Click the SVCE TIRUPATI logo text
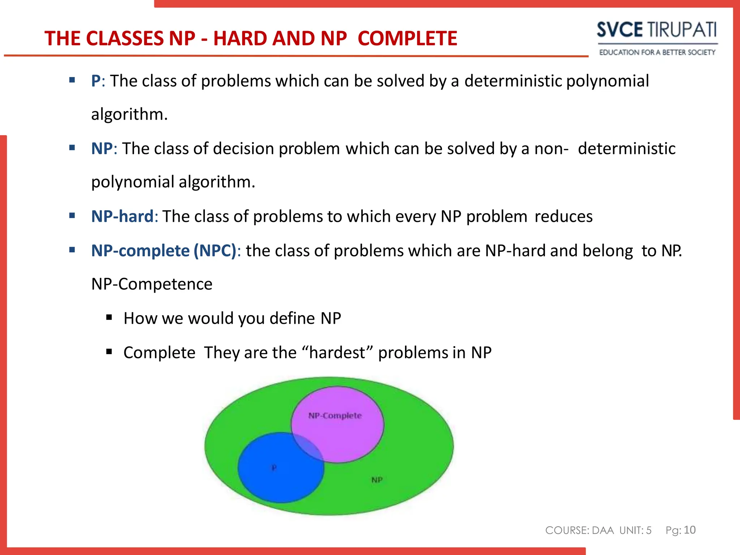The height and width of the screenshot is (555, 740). tap(657, 30)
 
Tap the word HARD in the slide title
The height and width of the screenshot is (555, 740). tap(240, 38)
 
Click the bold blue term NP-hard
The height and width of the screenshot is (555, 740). tap(122, 216)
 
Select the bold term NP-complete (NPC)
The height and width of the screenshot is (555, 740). tap(164, 251)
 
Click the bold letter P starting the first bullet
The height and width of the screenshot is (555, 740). tap(96, 81)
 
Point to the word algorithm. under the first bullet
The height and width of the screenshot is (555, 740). tap(129, 114)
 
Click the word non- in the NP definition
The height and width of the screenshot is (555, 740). tap(551, 149)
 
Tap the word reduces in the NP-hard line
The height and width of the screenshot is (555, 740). tap(563, 216)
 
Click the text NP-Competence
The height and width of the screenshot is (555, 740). tap(152, 284)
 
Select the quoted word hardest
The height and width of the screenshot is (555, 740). tap(337, 353)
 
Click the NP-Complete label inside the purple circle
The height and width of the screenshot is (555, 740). tap(335, 416)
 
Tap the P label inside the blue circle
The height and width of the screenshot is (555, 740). tap(274, 468)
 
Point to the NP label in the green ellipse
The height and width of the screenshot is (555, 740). tap(377, 480)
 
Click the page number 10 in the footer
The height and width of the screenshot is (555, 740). tap(689, 530)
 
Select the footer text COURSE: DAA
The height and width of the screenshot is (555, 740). tap(579, 530)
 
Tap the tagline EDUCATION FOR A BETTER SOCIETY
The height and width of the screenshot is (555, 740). tap(657, 52)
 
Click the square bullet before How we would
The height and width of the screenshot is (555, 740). tap(109, 318)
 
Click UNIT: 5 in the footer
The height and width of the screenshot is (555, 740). tap(635, 530)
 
